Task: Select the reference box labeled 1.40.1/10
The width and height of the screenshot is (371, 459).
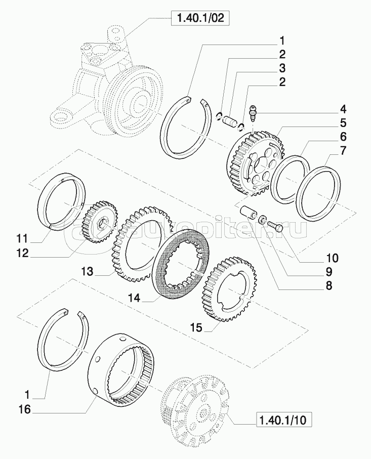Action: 284,420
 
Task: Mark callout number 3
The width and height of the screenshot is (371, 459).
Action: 281,68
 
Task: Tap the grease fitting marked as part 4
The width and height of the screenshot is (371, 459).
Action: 254,112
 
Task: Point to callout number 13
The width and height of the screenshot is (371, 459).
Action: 87,271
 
